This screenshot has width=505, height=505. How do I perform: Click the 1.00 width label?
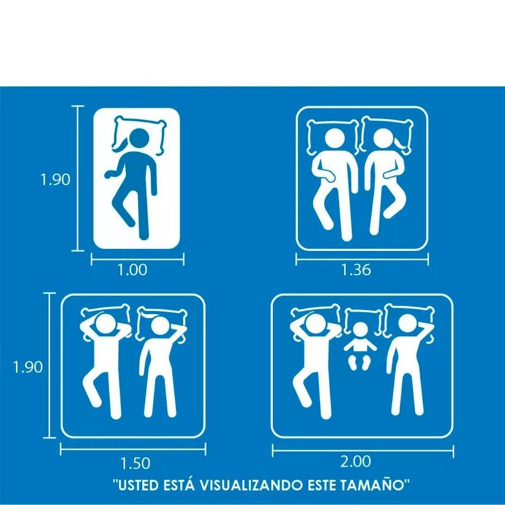(132, 270)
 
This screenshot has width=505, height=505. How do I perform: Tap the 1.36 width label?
(356, 270)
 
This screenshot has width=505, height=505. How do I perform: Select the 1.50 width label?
(135, 463)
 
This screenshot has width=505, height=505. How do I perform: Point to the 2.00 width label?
(356, 461)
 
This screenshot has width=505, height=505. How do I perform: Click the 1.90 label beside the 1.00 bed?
(55, 179)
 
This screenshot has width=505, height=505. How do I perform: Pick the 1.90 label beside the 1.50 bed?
(28, 367)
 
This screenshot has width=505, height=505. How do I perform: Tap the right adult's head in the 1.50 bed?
(160, 326)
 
